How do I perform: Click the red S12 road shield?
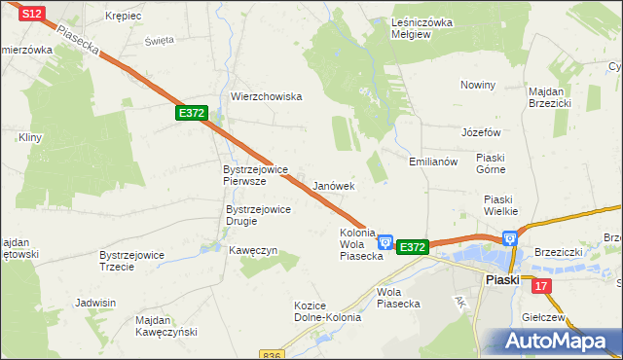(x=32, y=14)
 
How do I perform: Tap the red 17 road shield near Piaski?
(x=541, y=284)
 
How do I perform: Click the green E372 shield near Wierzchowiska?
(x=192, y=114)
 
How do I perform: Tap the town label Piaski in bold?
(x=502, y=279)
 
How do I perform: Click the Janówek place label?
(x=334, y=185)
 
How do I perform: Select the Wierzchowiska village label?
(x=267, y=96)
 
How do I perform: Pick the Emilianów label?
(x=433, y=162)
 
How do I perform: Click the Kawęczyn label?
(x=253, y=250)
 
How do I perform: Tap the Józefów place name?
(x=481, y=132)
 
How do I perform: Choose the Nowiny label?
(x=478, y=85)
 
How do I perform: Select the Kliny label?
(x=30, y=138)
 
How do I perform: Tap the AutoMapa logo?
(x=557, y=341)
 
